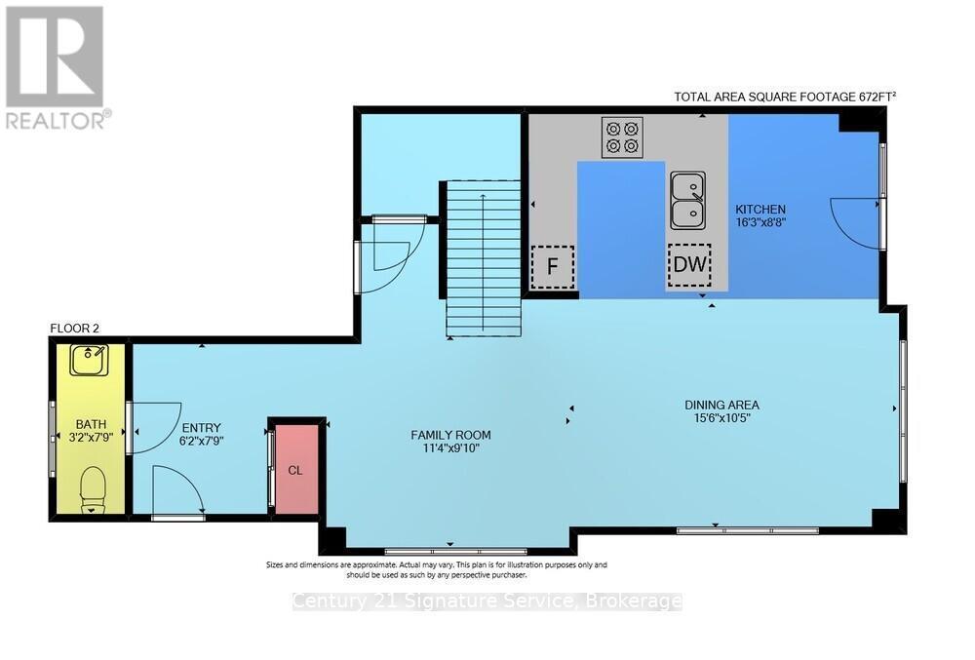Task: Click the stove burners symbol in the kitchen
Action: point(622,137)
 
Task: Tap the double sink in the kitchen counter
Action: point(688,199)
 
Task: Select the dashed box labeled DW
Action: point(689,264)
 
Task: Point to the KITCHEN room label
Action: point(760,210)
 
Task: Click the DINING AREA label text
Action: point(721,405)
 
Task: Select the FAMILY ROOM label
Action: point(450,435)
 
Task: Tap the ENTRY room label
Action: point(201,427)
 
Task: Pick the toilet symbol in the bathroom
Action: point(93,487)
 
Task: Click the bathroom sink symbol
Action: point(90,362)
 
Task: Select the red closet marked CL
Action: point(295,469)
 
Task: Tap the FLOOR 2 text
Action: point(75,329)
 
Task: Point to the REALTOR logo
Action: point(56,66)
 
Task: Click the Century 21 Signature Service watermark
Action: point(487,602)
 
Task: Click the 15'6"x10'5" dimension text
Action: point(721,418)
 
